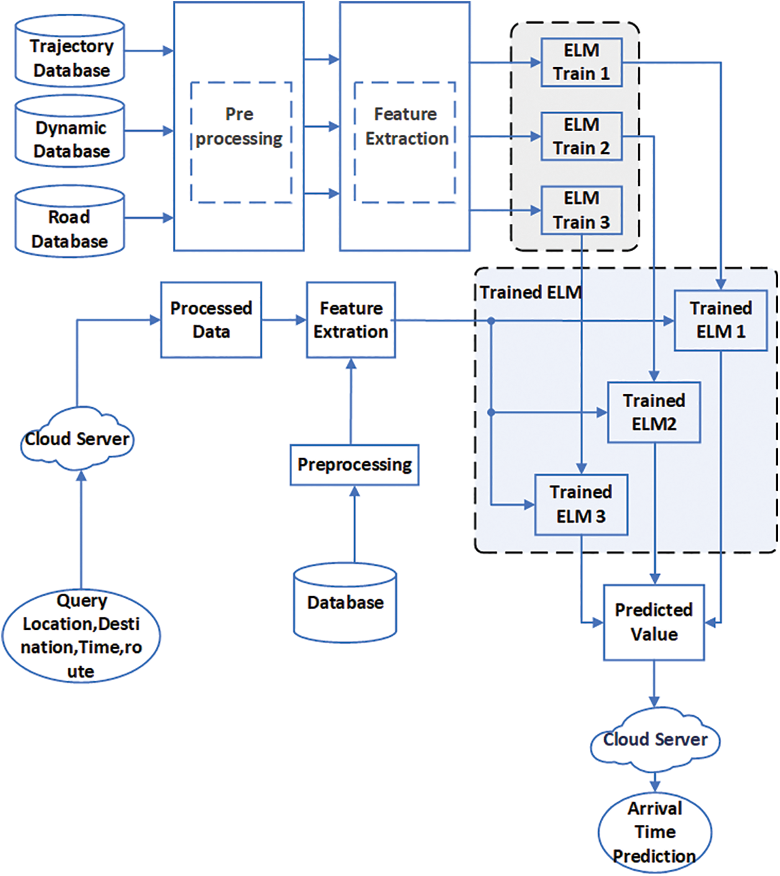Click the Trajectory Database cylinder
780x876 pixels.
click(x=70, y=52)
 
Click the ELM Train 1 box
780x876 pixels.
click(x=581, y=62)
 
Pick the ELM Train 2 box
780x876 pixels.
click(x=581, y=136)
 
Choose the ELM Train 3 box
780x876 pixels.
click(x=581, y=210)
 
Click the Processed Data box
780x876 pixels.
click(x=211, y=320)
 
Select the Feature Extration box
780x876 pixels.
click(x=351, y=320)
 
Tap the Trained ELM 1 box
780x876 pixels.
click(x=720, y=320)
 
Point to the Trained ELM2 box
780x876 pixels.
click(x=654, y=412)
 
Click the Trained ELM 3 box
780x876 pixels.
click(x=581, y=504)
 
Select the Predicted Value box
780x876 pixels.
click(x=654, y=622)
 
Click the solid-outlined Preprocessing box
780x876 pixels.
click(x=354, y=464)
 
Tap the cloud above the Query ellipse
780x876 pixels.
click(x=77, y=439)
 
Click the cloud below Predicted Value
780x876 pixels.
click(x=654, y=740)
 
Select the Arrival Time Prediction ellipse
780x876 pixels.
click(x=654, y=832)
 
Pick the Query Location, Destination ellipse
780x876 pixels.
click(x=81, y=636)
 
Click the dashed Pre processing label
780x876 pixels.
click(x=240, y=127)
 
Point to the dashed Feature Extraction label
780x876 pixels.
click(x=406, y=127)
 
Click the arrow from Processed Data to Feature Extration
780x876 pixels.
click(x=283, y=320)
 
